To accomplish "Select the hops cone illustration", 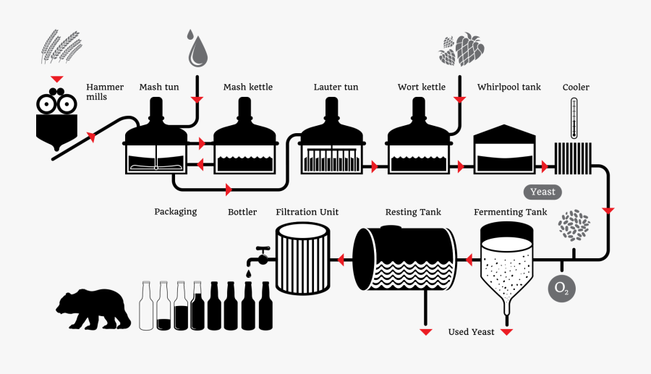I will [x=463, y=49].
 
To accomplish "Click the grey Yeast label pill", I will [x=542, y=192].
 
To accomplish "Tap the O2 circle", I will [x=561, y=288].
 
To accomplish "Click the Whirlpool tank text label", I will [x=509, y=88].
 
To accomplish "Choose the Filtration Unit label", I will [x=307, y=212].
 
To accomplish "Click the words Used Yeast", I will [x=471, y=332].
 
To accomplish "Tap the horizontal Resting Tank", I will [x=404, y=260].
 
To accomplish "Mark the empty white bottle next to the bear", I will [x=147, y=307].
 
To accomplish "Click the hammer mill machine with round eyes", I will [x=56, y=119].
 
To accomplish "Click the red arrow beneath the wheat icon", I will [x=56, y=78].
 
